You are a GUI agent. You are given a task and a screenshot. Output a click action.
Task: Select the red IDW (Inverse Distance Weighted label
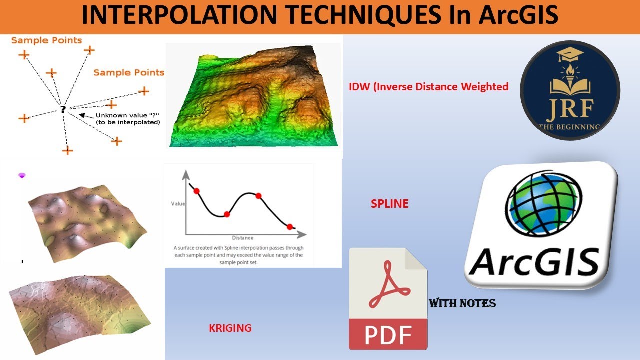coord(428,87)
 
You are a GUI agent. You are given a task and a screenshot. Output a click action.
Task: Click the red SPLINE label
coord(389,204)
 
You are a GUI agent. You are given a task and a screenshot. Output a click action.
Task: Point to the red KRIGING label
coord(230,328)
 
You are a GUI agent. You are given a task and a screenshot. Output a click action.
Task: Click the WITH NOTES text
coord(462,303)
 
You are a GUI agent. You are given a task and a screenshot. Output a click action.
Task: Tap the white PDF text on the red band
coord(388,335)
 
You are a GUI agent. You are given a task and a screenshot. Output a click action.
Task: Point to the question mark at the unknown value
coord(63,109)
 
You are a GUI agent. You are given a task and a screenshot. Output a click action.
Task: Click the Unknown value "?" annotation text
coord(128,119)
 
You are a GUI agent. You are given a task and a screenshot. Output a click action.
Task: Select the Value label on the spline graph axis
coord(178,204)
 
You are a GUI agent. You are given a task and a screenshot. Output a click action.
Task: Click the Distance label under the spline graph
coord(242,238)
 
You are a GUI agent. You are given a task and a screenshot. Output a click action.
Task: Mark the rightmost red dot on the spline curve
coord(290,227)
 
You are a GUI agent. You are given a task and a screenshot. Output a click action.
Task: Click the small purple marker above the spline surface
coord(22,175)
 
